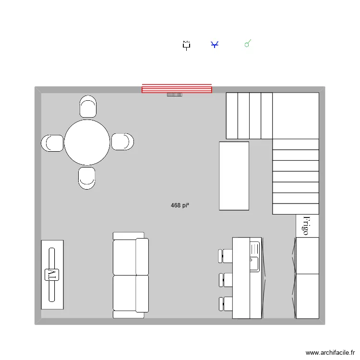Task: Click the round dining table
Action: (87, 143)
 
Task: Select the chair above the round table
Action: (88, 107)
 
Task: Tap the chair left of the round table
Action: (52, 143)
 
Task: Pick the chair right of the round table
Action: (122, 142)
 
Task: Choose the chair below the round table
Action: (87, 178)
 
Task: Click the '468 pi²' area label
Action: (179, 205)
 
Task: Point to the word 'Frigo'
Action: (306, 225)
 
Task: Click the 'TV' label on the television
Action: (51, 275)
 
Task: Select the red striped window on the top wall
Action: (177, 88)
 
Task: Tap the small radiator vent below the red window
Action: (175, 95)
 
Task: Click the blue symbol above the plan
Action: (215, 45)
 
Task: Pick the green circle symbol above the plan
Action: (247, 45)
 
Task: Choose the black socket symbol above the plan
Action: (186, 45)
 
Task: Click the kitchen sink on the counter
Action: (254, 257)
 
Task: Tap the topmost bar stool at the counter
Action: (226, 255)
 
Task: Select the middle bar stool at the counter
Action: (226, 279)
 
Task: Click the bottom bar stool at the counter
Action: (226, 304)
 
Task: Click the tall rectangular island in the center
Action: (234, 176)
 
